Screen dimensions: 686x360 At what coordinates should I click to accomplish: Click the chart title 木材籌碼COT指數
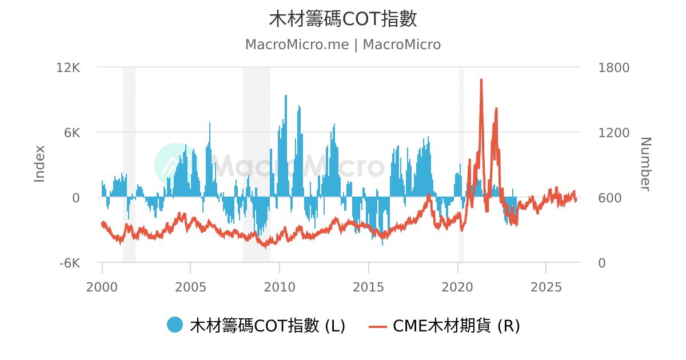tap(342, 19)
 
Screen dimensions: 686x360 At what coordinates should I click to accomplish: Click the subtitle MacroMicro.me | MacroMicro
tap(342, 45)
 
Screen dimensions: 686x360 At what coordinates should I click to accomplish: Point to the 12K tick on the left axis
tap(68, 67)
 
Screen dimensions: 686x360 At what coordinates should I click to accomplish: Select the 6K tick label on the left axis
tap(72, 133)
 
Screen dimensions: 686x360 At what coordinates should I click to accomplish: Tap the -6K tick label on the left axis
tap(70, 263)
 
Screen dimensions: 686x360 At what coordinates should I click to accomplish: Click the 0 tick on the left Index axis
tap(76, 198)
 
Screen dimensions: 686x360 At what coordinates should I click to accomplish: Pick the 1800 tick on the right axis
tap(614, 67)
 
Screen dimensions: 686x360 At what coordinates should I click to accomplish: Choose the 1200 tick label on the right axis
tap(614, 133)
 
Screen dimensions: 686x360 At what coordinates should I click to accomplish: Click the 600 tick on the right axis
tap(610, 198)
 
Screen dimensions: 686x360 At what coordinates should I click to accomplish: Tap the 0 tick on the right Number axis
tap(602, 263)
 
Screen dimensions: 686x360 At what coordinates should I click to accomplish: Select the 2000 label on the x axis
tap(102, 287)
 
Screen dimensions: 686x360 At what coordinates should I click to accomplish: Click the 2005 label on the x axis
tap(190, 287)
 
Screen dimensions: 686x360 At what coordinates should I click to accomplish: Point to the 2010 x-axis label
tap(280, 287)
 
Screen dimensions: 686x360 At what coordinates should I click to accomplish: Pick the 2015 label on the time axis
tap(368, 287)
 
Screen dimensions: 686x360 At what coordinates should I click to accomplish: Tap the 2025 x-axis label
tap(546, 287)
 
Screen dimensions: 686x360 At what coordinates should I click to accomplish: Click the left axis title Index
tap(39, 164)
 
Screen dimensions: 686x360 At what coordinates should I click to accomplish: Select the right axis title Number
tap(645, 165)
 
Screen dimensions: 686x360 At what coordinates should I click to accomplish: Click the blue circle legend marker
tap(175, 325)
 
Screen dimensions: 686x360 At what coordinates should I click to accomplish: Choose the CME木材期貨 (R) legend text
tap(456, 326)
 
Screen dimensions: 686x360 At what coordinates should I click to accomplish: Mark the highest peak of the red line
tap(481, 79)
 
